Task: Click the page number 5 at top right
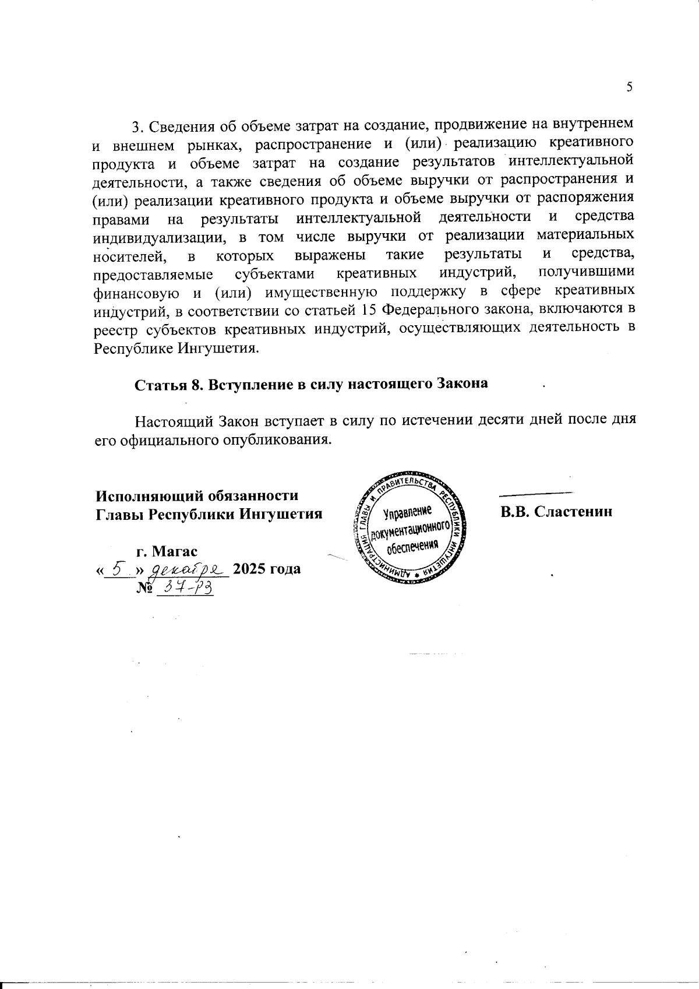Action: (x=629, y=87)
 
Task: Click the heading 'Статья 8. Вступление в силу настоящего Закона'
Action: (x=311, y=385)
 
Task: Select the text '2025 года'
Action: (x=267, y=568)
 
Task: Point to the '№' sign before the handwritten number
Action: (x=145, y=589)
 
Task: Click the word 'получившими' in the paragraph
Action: (x=587, y=273)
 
